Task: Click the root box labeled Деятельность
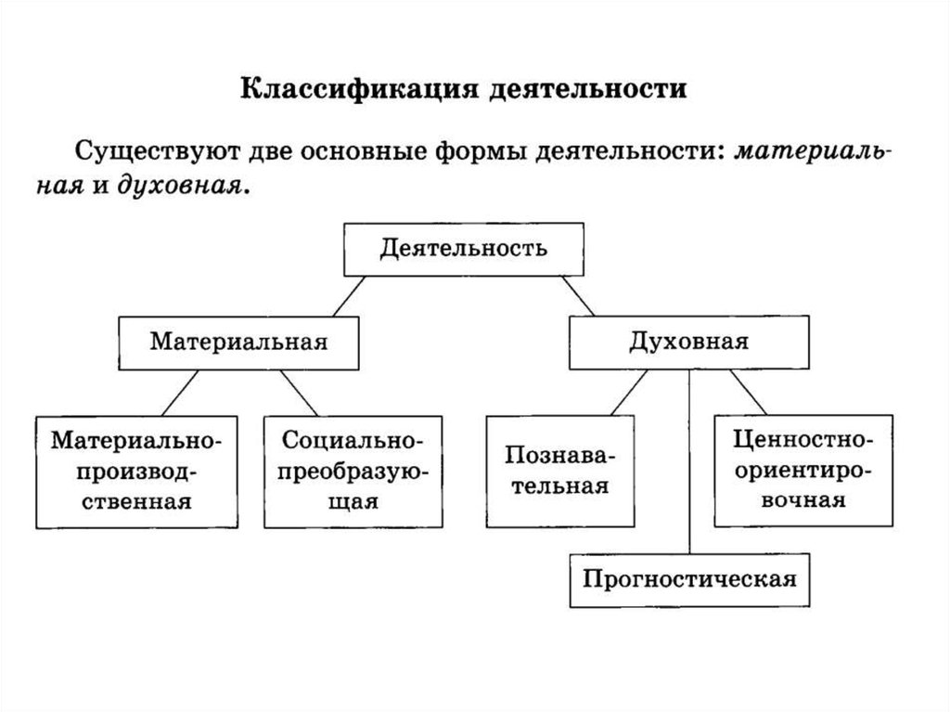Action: (463, 248)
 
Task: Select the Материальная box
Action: (239, 342)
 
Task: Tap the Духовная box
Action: (689, 342)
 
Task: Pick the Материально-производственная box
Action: (136, 471)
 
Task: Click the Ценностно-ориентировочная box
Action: (791, 471)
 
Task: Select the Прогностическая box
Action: (689, 580)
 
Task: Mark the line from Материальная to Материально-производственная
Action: (178, 392)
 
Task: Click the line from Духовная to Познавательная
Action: (629, 392)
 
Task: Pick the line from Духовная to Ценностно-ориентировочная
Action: (748, 392)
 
